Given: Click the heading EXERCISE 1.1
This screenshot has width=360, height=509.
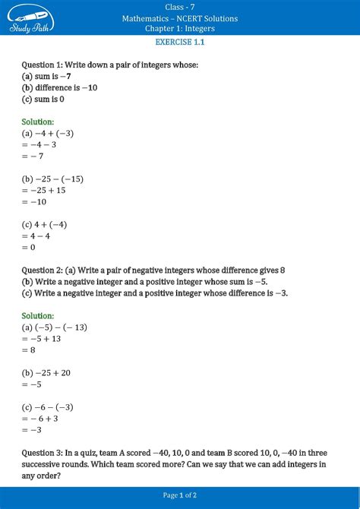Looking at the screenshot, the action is click(x=180, y=43).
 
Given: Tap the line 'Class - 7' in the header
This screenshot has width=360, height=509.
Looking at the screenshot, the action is click(x=180, y=7).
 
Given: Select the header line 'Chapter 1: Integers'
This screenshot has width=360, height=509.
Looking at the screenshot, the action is click(x=180, y=28).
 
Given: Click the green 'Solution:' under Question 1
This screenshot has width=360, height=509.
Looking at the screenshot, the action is click(x=38, y=122).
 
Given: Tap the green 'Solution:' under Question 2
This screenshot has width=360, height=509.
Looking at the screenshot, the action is click(x=38, y=315).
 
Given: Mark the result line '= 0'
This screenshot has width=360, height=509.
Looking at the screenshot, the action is click(x=30, y=248).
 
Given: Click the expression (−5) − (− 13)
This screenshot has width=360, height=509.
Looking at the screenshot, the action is click(x=61, y=327).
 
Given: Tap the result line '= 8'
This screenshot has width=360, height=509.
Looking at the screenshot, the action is click(x=30, y=350).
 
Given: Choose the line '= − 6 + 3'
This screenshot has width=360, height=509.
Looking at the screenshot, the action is click(x=43, y=419).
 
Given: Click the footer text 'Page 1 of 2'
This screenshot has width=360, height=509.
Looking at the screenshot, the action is click(x=180, y=495).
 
